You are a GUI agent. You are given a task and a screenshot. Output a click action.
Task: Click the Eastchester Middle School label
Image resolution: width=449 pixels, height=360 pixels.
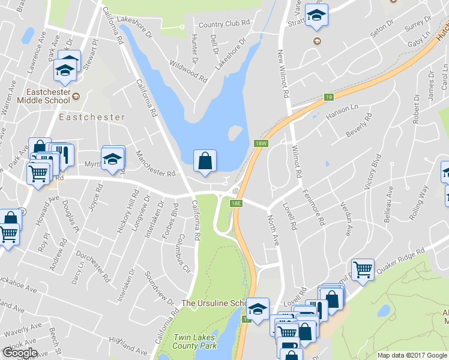click(41, 97)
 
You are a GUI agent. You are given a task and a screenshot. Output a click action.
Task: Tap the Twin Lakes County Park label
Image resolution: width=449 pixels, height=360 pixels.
click(194, 341)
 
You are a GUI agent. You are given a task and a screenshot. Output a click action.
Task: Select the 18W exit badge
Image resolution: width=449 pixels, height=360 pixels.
click(260, 143)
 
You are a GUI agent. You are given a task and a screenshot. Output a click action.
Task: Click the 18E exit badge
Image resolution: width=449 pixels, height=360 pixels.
click(237, 203)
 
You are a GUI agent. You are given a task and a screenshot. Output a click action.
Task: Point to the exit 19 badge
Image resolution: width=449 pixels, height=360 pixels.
click(328, 97)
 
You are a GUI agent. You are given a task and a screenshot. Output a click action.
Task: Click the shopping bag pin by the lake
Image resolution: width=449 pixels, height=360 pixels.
click(205, 161)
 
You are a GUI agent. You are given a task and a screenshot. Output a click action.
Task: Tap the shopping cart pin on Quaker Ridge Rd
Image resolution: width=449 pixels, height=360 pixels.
click(363, 269)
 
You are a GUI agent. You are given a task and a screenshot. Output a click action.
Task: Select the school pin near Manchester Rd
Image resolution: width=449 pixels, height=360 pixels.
click(112, 158)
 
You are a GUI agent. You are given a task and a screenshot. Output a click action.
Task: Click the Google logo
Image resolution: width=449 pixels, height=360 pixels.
click(20, 353)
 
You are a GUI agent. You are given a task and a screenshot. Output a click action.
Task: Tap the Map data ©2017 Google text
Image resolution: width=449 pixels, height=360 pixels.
click(412, 355)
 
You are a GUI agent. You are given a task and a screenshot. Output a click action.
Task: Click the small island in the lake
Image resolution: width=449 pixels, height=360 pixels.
click(235, 133)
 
